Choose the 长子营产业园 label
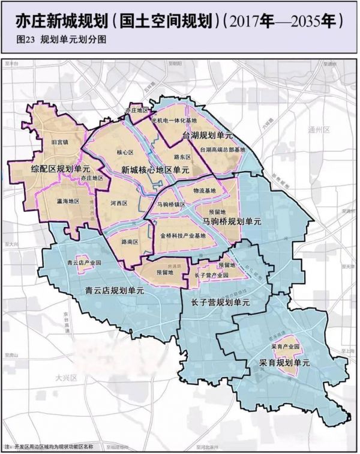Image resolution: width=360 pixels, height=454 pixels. click(208, 274)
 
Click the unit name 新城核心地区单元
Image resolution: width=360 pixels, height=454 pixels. click(155, 170)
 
